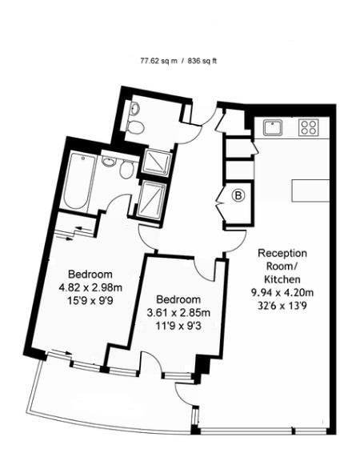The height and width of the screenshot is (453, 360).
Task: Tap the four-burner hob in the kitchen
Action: pyautogui.click(x=309, y=126)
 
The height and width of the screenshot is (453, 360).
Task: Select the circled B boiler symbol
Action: pyautogui.click(x=237, y=194)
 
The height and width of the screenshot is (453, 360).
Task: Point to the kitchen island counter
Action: pyautogui.click(x=312, y=190)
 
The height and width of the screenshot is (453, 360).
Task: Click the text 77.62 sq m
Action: pyautogui.click(x=158, y=60)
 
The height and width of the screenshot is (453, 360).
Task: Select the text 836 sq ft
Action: pyautogui.click(x=202, y=60)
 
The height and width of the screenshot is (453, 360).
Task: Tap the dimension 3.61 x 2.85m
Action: pyautogui.click(x=178, y=313)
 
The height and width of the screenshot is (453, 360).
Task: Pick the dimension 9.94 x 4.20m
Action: pyautogui.click(x=282, y=292)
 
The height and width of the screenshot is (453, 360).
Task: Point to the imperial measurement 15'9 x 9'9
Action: pyautogui.click(x=90, y=301)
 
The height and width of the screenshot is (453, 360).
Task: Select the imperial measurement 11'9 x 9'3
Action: pyautogui.click(x=178, y=326)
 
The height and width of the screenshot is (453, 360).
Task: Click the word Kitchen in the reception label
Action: pyautogui.click(x=282, y=279)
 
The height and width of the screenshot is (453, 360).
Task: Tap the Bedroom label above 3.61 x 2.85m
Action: pyautogui.click(x=178, y=299)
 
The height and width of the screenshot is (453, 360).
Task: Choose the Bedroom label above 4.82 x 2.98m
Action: pyautogui.click(x=90, y=274)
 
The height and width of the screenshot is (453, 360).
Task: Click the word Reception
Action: pyautogui.click(x=282, y=253)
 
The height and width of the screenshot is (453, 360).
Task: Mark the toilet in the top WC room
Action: pyautogui.click(x=137, y=126)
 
